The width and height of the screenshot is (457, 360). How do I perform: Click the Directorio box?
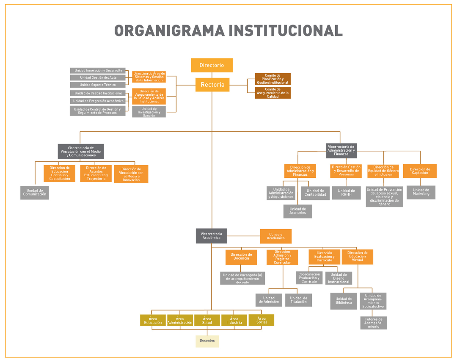coord(212,65)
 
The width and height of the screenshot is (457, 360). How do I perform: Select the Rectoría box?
coord(212,85)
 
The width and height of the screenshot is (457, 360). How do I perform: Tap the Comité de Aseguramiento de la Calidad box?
coord(273,93)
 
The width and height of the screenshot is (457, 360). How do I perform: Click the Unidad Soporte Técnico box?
coord(98,85)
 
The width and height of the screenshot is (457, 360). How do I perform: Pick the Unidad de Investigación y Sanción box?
coord(149,112)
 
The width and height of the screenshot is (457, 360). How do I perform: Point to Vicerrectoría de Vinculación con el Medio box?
coord(81,151)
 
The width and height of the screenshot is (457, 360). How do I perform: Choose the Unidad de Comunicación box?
coord(35,192)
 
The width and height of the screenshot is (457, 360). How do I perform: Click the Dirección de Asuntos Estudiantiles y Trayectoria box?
coord(96,173)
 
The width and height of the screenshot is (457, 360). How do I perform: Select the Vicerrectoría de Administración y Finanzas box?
coord(341,150)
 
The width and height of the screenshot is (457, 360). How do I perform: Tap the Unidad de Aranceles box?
coord(297,211)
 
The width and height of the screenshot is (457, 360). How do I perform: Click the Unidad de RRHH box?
coord(346,193)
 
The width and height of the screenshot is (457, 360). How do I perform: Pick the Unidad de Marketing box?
coord(421,192)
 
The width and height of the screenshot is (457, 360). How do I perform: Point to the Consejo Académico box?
coord(275,236)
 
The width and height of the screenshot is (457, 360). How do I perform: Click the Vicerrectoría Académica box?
coord(211,236)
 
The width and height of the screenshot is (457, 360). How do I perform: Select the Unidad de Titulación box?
coord(298,300)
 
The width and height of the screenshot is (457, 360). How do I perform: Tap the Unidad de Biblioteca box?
coord(344,301)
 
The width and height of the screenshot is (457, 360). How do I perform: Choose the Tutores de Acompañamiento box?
coord(373,323)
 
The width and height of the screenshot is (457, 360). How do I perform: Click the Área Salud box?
coord(207,321)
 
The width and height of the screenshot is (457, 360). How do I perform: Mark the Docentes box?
coord(207,341)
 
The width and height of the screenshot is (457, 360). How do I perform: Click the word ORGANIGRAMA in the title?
coord(169,30)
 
